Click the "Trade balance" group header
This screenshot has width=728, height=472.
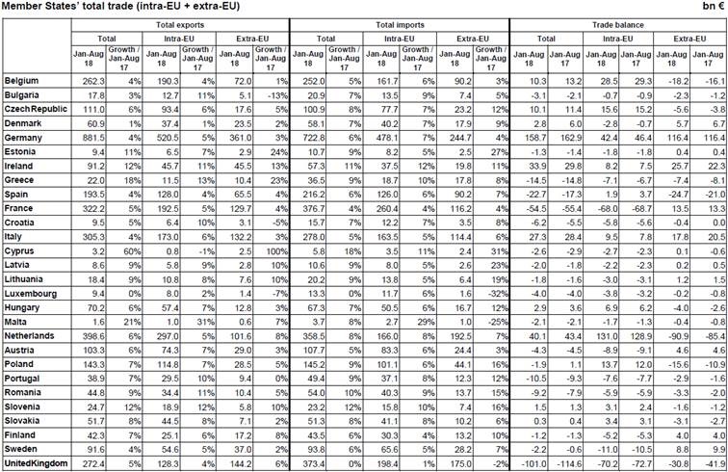pyautogui.click(x=615, y=23)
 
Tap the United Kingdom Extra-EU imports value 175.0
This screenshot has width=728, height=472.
pyautogui.click(x=457, y=463)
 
